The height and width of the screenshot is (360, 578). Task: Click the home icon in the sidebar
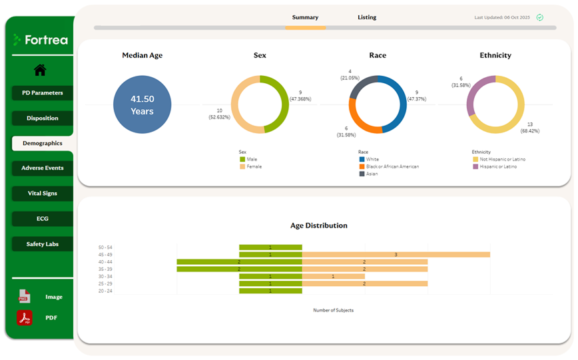coord(40,70)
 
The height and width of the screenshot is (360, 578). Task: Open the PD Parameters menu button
coord(42,93)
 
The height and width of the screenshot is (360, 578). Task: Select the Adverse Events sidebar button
coord(42,168)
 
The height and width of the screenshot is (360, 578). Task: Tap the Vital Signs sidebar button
coord(42,194)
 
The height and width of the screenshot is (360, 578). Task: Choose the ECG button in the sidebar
coord(42,219)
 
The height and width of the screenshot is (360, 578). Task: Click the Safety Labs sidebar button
coord(42,244)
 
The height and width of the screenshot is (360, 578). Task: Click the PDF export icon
coord(25,318)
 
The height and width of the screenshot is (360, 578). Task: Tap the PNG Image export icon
coord(25,297)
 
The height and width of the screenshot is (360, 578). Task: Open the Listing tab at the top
coord(366,17)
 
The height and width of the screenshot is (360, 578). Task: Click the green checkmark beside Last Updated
coord(539,17)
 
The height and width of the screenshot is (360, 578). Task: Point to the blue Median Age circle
coord(142,104)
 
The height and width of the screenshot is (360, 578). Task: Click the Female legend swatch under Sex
coord(243,166)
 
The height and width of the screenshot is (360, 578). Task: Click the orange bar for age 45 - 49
coord(396,254)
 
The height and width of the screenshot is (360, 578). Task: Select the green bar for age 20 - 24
coord(270,291)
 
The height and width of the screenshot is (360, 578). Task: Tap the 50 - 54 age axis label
coord(105,248)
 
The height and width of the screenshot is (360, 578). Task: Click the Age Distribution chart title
coord(318,226)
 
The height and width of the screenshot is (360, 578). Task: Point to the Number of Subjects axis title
coord(333,310)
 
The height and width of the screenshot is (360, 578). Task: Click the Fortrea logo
coord(41,40)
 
